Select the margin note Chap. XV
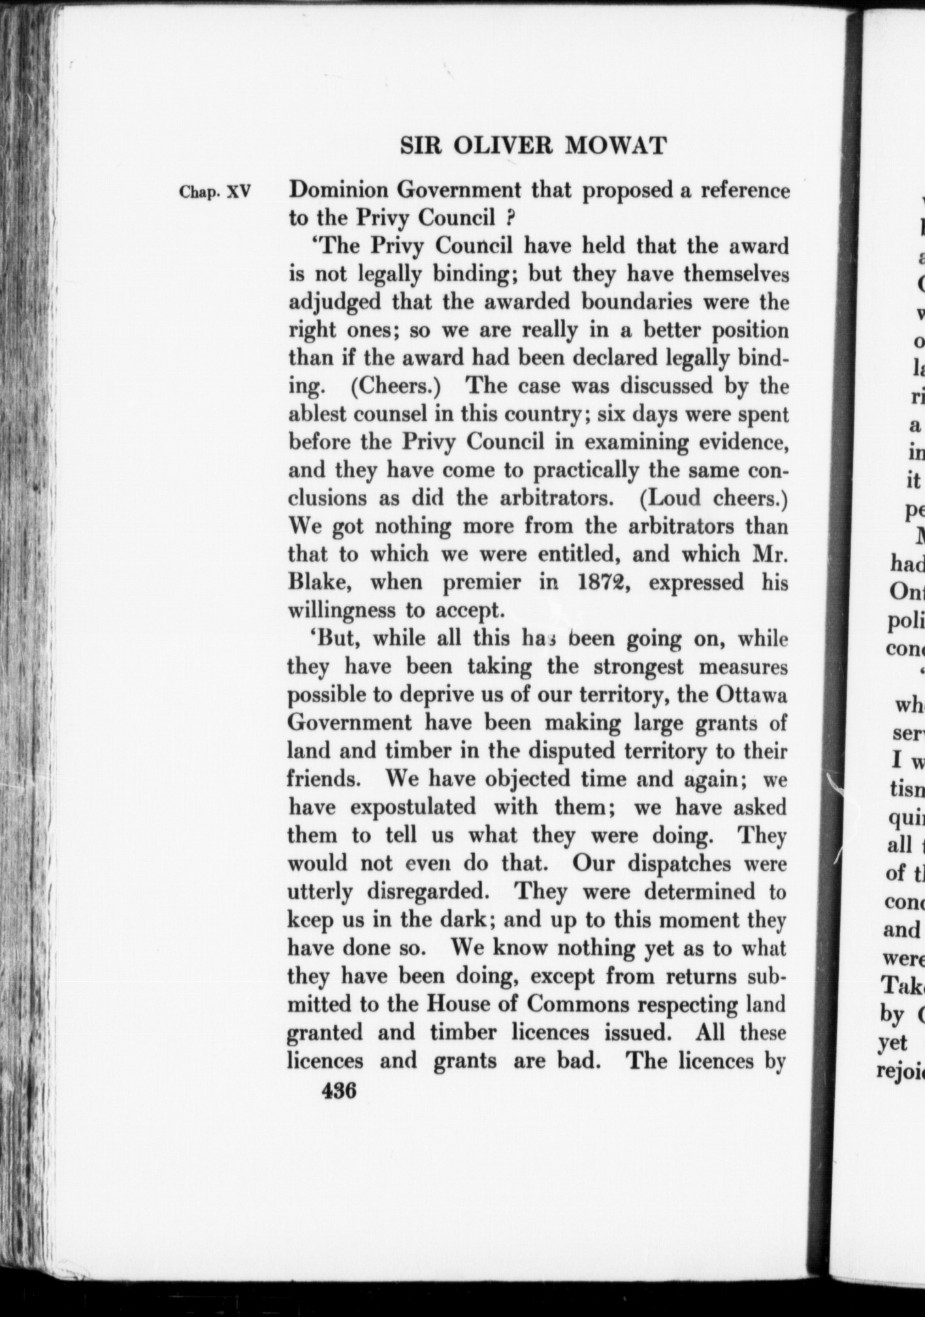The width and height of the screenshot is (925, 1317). [215, 193]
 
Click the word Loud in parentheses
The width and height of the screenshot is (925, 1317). [672, 498]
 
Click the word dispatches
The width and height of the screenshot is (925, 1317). [689, 863]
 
